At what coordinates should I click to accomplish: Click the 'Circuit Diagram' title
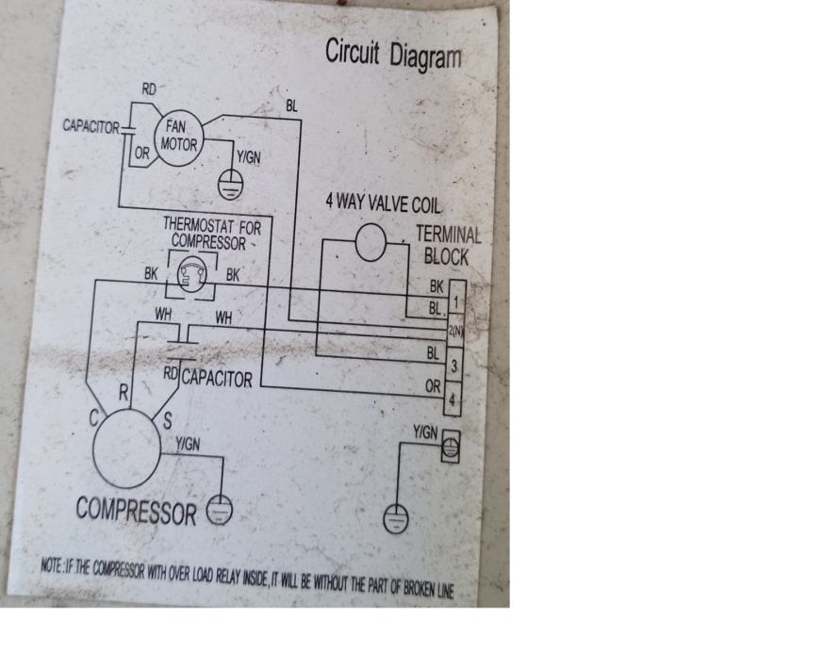393,53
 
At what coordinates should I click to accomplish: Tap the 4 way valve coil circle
371,244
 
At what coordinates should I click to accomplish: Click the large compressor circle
130,450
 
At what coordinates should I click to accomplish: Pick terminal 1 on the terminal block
456,301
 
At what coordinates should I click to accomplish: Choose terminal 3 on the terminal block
455,364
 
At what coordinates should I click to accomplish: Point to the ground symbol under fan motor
229,185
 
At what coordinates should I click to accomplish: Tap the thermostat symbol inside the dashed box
189,274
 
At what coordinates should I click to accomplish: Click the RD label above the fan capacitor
149,89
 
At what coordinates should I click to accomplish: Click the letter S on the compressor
167,420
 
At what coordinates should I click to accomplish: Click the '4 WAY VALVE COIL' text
382,203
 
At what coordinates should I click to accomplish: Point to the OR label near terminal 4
433,386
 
